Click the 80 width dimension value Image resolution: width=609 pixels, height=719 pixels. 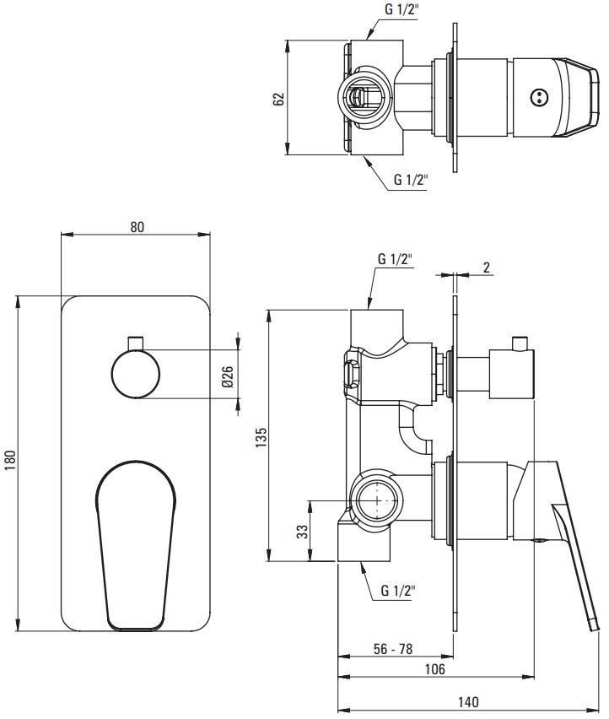point(137,226)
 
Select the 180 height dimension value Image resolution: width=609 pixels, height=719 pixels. point(10,460)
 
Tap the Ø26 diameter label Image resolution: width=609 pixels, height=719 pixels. point(228,376)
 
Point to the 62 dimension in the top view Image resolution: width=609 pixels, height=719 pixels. point(278,99)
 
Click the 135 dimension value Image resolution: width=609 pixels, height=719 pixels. point(261,438)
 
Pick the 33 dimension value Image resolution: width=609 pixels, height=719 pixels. point(303,532)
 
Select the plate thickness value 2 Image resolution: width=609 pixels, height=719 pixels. point(486,268)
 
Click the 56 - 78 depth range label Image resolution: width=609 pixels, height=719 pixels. point(393,648)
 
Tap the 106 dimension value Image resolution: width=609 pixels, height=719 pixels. point(434,669)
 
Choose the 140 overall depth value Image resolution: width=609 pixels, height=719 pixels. point(468,702)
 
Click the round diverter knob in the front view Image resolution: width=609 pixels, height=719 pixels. point(136,374)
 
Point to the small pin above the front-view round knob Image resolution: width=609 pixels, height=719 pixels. point(136,343)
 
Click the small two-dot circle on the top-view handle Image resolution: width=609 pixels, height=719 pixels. point(537,97)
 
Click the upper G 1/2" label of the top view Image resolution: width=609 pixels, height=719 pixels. point(402,9)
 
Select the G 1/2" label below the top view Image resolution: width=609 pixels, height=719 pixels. point(411,179)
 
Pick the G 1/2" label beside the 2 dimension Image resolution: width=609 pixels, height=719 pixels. point(395,258)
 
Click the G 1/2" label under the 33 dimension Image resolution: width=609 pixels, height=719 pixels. point(398,590)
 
